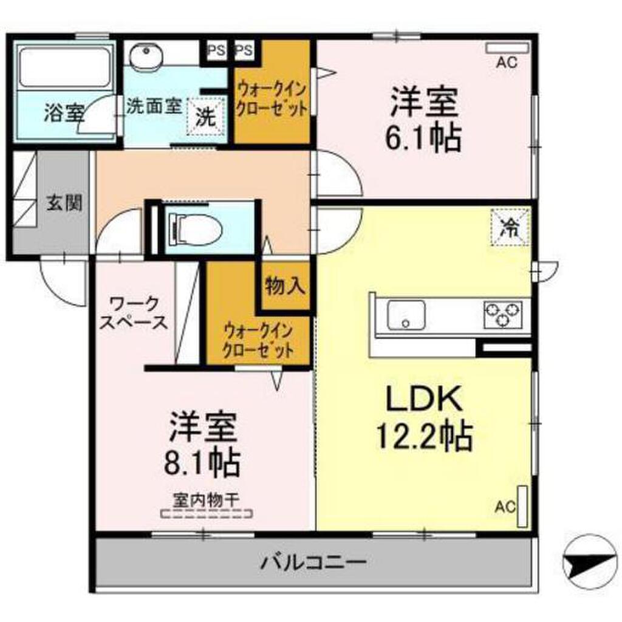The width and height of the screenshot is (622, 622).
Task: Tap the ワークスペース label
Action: (134, 312)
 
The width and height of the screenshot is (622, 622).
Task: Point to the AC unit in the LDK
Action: (522, 506)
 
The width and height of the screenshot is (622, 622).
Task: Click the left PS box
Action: (216, 50)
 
